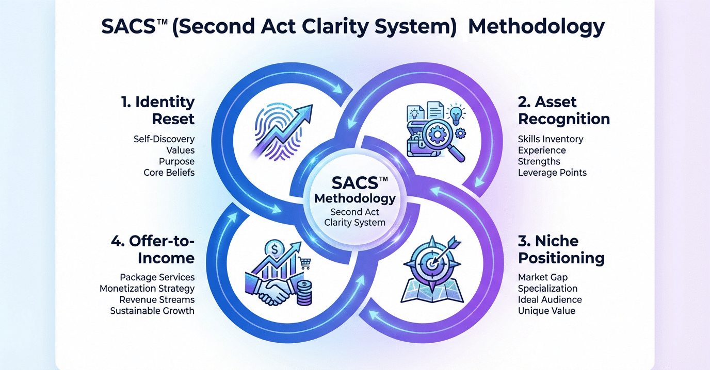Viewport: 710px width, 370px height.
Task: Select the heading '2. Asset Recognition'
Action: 563,110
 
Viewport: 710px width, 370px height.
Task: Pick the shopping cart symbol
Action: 305,263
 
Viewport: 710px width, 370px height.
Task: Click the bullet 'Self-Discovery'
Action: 164,139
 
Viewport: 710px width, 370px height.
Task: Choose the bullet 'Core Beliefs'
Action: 169,172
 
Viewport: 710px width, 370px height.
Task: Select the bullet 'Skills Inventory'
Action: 551,139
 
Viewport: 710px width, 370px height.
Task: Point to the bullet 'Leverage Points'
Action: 552,172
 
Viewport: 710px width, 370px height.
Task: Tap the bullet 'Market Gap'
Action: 543,277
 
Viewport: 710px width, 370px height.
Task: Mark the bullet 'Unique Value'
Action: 546,310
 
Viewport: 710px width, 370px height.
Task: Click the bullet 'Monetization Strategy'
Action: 147,288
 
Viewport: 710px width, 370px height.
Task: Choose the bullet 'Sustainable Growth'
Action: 152,310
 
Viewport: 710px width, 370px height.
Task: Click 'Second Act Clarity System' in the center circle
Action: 354,217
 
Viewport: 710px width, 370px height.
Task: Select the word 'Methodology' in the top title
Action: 536,27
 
